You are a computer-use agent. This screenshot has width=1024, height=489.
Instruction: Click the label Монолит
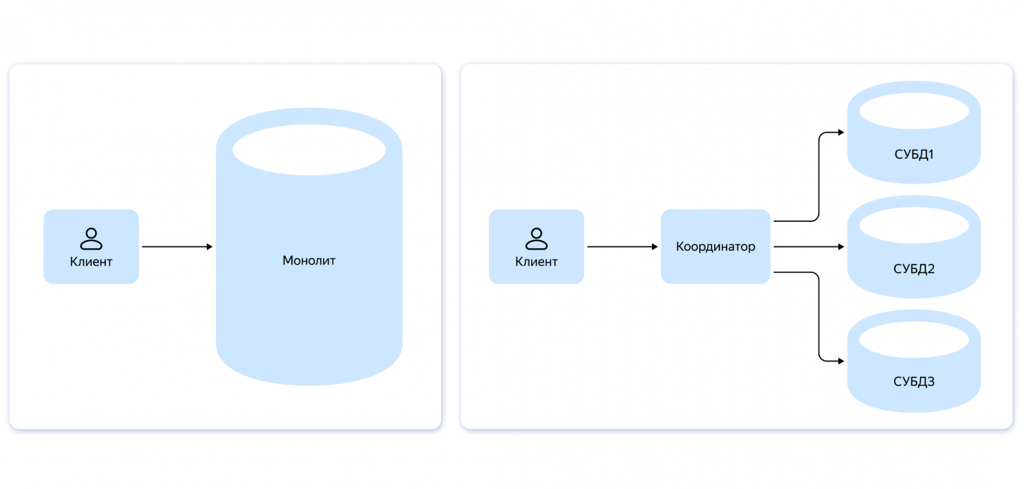(x=309, y=261)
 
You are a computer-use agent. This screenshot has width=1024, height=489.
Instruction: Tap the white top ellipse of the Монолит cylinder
(x=309, y=150)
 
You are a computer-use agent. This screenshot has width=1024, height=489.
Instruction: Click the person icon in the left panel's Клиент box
(x=91, y=239)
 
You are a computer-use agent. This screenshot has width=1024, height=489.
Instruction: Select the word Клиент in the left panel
(x=91, y=262)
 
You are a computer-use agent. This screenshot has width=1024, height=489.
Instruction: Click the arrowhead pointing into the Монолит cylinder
(x=209, y=247)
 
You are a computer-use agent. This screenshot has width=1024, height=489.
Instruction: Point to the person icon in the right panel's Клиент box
(x=536, y=239)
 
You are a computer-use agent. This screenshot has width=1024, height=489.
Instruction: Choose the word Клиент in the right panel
(x=536, y=262)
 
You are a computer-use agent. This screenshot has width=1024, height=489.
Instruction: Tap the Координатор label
(x=715, y=247)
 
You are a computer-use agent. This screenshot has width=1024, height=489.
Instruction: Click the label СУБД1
(x=914, y=155)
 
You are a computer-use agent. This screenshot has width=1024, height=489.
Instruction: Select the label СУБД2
(x=914, y=269)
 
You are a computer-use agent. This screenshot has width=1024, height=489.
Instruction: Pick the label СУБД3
(x=914, y=382)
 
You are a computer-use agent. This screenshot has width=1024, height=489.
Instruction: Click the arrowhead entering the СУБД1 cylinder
(x=841, y=133)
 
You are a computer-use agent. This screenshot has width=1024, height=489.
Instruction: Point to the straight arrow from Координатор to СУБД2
(x=807, y=247)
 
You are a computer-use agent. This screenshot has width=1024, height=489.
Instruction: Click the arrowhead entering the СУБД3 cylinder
(x=841, y=361)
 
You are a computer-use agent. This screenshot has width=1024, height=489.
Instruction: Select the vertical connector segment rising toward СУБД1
(x=819, y=176)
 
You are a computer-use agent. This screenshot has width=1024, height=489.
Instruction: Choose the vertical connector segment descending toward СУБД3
(x=819, y=317)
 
